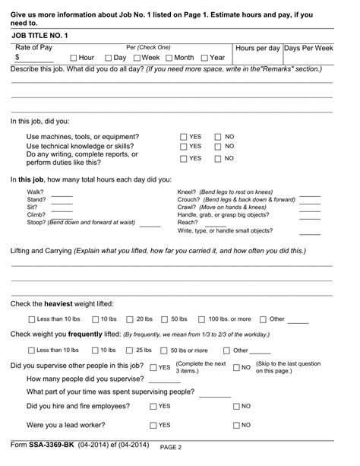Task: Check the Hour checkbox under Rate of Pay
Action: [x=73, y=58]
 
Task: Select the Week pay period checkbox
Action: [x=137, y=58]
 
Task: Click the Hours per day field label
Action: [x=258, y=48]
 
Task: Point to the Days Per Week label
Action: [x=308, y=48]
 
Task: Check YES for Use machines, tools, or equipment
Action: [x=183, y=137]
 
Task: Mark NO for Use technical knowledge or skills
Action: [x=218, y=147]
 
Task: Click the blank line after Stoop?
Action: [x=150, y=225]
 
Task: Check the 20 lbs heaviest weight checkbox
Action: [x=129, y=319]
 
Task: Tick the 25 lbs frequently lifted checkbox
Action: [x=129, y=350]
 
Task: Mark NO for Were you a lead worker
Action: [x=235, y=425]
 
